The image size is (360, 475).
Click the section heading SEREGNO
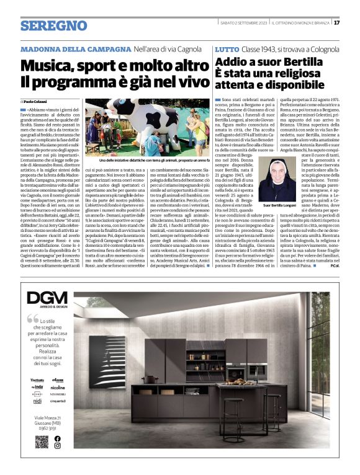click(x=53, y=25)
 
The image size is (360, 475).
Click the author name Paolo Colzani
click(x=35, y=101)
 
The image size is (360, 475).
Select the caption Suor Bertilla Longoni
click(x=280, y=205)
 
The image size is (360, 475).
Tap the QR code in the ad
click(x=41, y=442)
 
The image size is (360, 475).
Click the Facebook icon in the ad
click(x=58, y=438)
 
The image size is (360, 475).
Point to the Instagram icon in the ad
click(x=58, y=446)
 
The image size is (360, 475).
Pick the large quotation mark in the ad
click(x=32, y=320)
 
